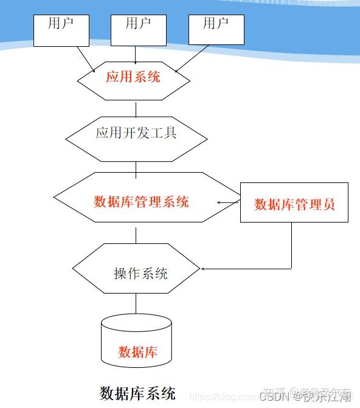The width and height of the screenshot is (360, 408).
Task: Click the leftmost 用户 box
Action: click(61, 30)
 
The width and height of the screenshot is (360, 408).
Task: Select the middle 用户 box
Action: click(138, 30)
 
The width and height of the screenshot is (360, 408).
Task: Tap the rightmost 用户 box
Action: click(216, 30)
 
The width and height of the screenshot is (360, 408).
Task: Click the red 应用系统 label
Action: click(133, 77)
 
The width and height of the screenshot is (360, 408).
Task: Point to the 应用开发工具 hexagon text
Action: click(136, 133)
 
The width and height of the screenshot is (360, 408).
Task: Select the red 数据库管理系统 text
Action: click(141, 202)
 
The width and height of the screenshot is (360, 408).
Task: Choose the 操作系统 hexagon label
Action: click(140, 274)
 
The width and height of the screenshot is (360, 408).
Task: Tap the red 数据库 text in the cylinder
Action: click(137, 351)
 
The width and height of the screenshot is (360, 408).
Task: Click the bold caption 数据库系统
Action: click(137, 392)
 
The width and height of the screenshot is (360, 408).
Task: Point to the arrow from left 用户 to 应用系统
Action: click(86, 60)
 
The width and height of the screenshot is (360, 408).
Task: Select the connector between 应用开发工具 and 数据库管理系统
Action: click(136, 167)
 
